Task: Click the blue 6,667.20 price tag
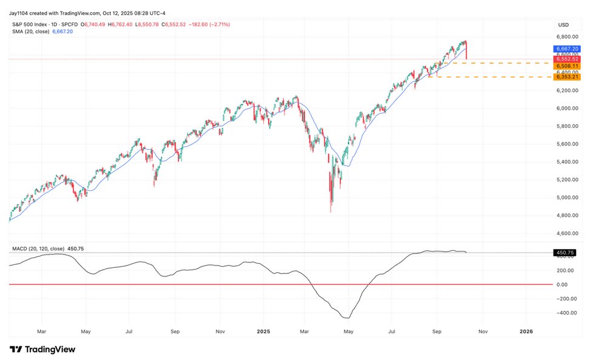tap(567, 48)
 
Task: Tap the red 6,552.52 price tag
tap(567, 59)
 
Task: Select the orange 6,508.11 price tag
tap(567, 66)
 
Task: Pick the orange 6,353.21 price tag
tap(567, 77)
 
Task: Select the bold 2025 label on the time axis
tap(263, 332)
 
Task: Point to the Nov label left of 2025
tap(220, 332)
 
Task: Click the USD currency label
tap(564, 25)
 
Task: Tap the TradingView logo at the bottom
tap(42, 349)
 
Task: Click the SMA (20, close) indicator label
tap(31, 32)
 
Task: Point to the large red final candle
tap(466, 50)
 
